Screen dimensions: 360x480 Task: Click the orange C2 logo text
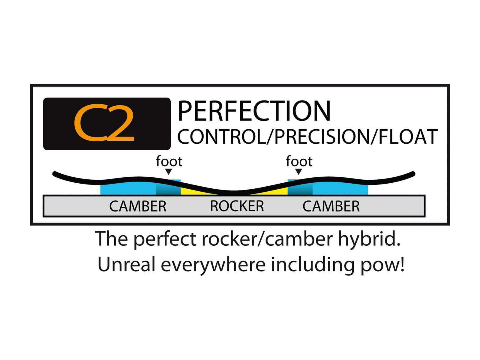104,123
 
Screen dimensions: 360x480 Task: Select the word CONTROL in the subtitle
221,137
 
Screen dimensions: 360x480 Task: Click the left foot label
169,162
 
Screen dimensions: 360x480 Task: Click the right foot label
299,162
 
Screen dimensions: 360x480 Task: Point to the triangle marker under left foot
169,172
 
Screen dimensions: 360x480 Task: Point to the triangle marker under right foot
298,172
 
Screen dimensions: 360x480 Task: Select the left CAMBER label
138,206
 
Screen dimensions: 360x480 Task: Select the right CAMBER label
331,206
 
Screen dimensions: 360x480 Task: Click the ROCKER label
237,206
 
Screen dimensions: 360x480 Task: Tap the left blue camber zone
129,188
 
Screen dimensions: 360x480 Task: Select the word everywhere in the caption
213,265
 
